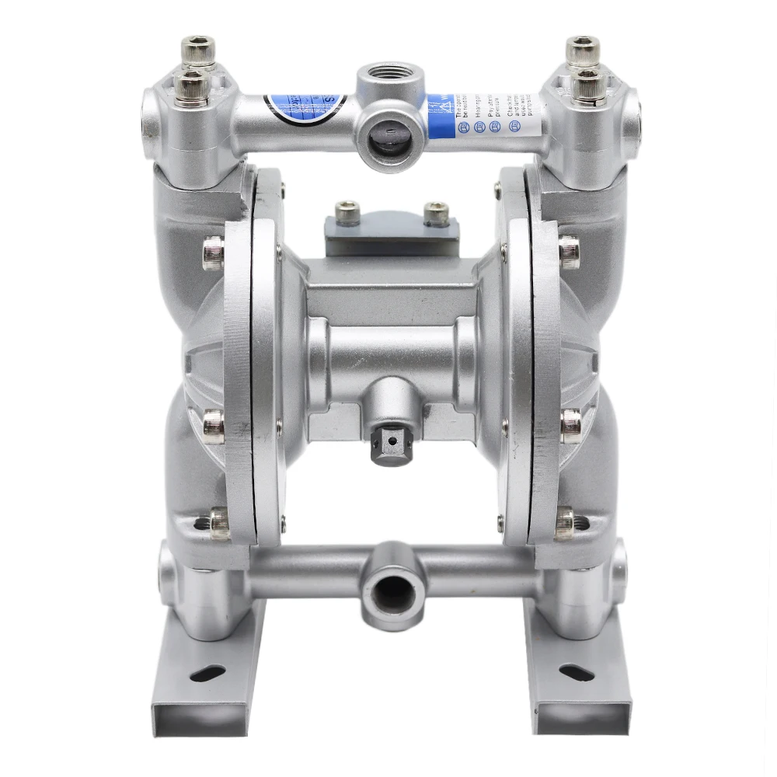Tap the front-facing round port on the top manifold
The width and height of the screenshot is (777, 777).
click(386, 133)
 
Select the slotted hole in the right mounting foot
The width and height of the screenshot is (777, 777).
click(577, 673)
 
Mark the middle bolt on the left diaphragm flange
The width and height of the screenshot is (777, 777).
click(213, 425)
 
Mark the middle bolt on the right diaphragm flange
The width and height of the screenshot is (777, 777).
click(571, 425)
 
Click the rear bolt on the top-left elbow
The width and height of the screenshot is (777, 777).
click(200, 50)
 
